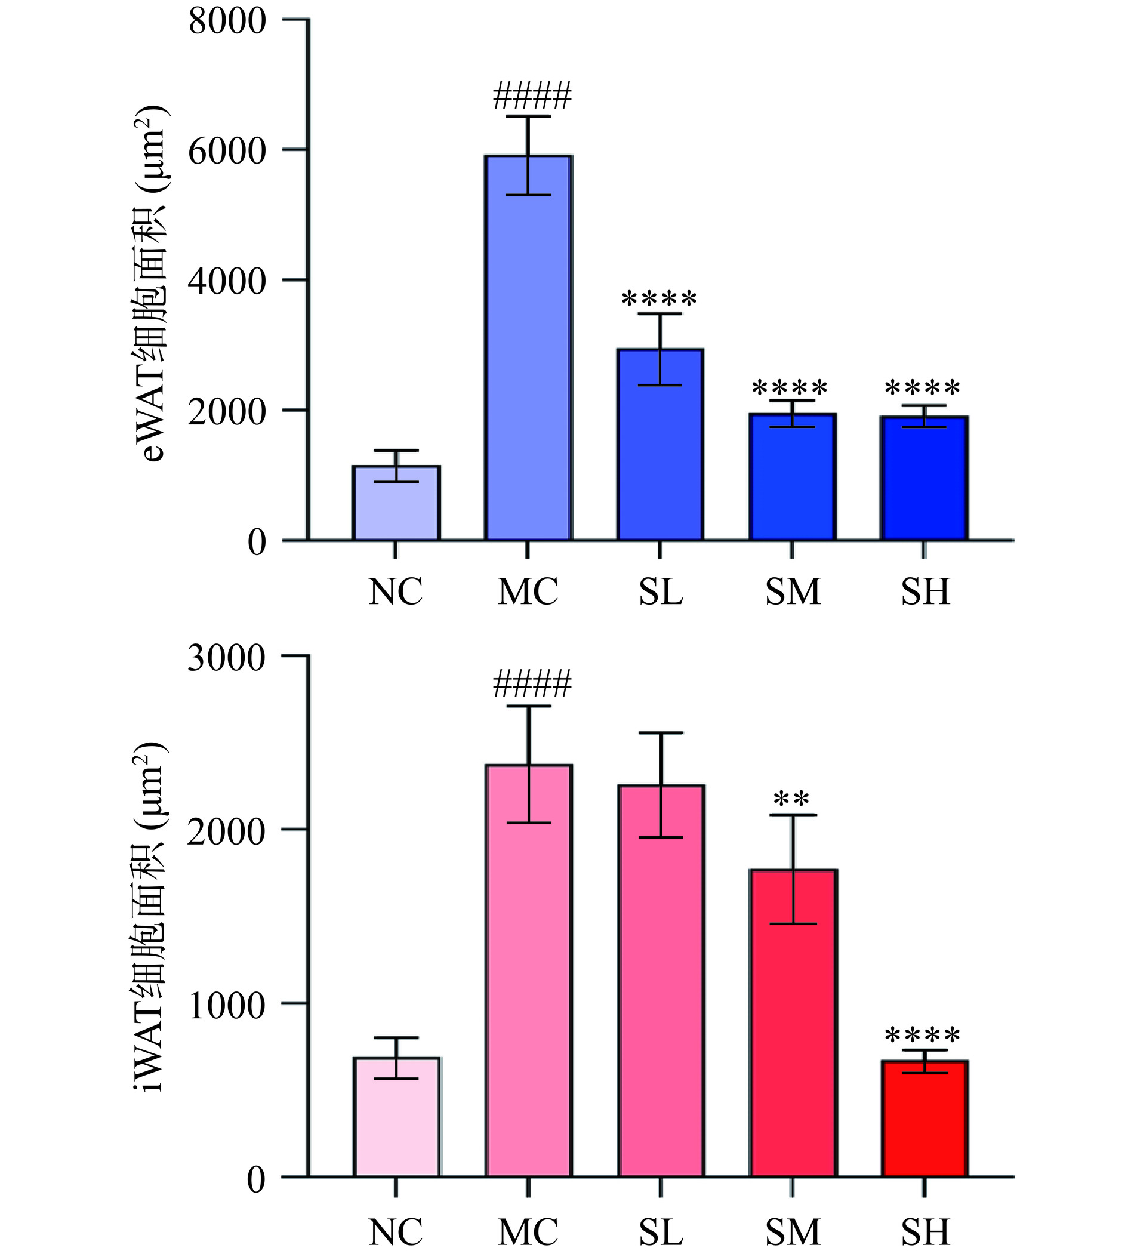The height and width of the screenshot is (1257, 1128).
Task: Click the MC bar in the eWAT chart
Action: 529,372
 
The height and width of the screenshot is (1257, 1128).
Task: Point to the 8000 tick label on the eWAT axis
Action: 227,21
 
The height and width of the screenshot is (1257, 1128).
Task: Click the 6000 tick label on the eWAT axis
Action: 227,150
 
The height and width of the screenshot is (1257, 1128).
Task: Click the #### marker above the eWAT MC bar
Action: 532,96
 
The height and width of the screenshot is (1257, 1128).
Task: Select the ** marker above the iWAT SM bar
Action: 791,800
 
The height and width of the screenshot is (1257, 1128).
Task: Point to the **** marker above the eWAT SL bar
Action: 659,300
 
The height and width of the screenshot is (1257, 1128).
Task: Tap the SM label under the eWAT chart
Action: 793,592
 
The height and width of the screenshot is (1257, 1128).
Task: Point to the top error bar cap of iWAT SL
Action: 661,732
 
